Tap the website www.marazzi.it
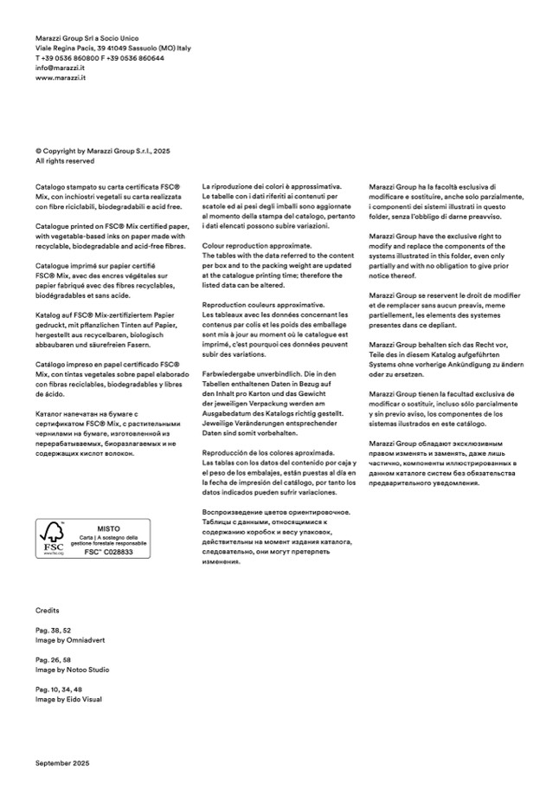[x=60, y=77]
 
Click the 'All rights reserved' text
[x=65, y=160]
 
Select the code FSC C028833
[x=108, y=552]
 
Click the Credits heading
[x=48, y=611]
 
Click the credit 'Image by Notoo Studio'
[x=73, y=670]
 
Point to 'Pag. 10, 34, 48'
[x=60, y=688]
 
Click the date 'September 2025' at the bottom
[x=62, y=763]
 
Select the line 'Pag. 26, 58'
[x=54, y=660]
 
